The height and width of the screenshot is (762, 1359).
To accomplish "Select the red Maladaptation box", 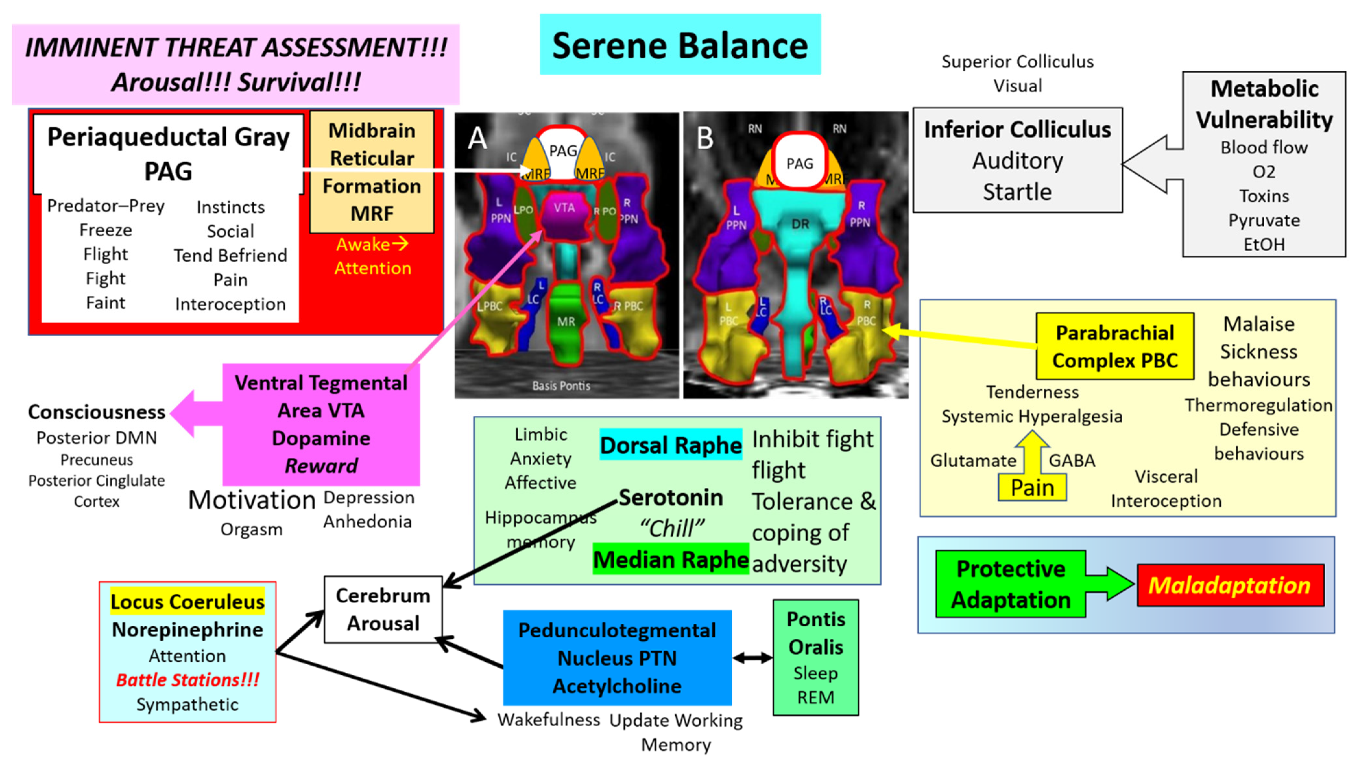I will pyautogui.click(x=1230, y=585).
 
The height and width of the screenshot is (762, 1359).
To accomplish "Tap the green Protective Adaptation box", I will pyautogui.click(x=1010, y=584).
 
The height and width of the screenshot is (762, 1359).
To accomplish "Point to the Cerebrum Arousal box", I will pyautogui.click(x=383, y=609).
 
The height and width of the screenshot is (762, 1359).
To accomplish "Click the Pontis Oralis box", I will pyautogui.click(x=816, y=658).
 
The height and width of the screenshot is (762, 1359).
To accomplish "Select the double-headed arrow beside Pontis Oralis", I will pyautogui.click(x=752, y=658).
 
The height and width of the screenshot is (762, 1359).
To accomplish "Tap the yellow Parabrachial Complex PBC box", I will pyautogui.click(x=1115, y=347).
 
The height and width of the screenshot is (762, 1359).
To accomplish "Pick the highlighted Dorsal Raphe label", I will pyautogui.click(x=670, y=445).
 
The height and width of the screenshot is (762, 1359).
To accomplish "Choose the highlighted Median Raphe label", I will pyautogui.click(x=670, y=560).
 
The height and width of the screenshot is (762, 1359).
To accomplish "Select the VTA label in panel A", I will pyautogui.click(x=564, y=208).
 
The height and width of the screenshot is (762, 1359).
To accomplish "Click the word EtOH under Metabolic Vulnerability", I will pyautogui.click(x=1264, y=244).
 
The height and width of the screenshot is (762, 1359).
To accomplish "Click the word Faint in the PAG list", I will pyautogui.click(x=105, y=303).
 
